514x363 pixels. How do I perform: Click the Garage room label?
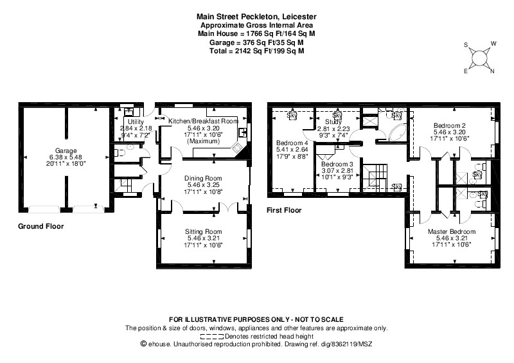coord(66,151)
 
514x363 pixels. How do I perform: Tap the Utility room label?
coord(136,122)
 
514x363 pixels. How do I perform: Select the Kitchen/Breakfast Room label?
coord(203,121)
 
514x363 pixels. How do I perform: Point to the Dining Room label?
coord(203,179)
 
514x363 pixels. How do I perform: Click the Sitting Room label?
coord(203,231)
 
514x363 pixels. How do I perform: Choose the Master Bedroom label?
coord(452,231)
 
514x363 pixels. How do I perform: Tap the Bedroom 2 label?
coord(449,125)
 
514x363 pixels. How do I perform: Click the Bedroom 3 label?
coord(337,164)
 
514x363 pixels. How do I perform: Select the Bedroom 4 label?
coord(292,143)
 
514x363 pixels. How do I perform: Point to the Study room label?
coord(333,122)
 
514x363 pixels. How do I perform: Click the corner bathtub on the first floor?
coord(398,132)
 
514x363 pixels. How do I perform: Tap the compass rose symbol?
coord(479,58)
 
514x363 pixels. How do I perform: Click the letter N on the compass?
coord(492,71)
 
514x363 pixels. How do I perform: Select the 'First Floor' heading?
coord(284,210)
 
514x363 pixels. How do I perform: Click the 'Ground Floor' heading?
coord(41,226)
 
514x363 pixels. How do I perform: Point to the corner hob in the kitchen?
coord(237,148)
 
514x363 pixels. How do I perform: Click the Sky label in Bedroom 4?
coord(292,116)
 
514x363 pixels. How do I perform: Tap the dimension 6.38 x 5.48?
coord(66,157)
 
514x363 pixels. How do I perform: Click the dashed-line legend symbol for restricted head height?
coord(212,337)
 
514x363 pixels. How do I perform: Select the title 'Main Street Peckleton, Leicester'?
coord(256,17)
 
